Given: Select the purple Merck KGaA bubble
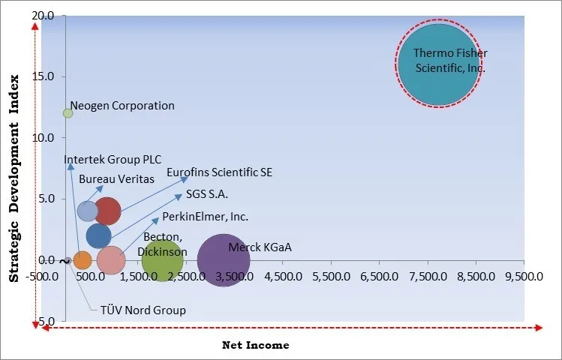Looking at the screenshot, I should pyautogui.click(x=223, y=261).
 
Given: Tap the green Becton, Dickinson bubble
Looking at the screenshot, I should pyautogui.click(x=162, y=260).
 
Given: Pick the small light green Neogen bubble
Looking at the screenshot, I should pyautogui.click(x=68, y=113).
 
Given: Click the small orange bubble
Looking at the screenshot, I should pyautogui.click(x=83, y=260).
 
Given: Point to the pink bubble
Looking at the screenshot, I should pyautogui.click(x=111, y=260).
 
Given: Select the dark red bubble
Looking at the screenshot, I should pyautogui.click(x=107, y=211).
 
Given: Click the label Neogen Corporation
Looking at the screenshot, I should pyautogui.click(x=122, y=106).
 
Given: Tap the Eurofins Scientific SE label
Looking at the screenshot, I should pyautogui.click(x=219, y=172).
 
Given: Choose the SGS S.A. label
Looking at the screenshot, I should pyautogui.click(x=207, y=194).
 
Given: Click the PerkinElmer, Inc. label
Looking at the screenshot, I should pyautogui.click(x=205, y=217).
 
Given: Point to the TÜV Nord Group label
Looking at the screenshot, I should pyautogui.click(x=143, y=310).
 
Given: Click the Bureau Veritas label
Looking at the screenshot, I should pyautogui.click(x=116, y=178).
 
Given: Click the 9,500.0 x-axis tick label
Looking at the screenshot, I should pyautogui.click(x=524, y=275).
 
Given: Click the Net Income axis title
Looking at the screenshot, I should pyautogui.click(x=255, y=345).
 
